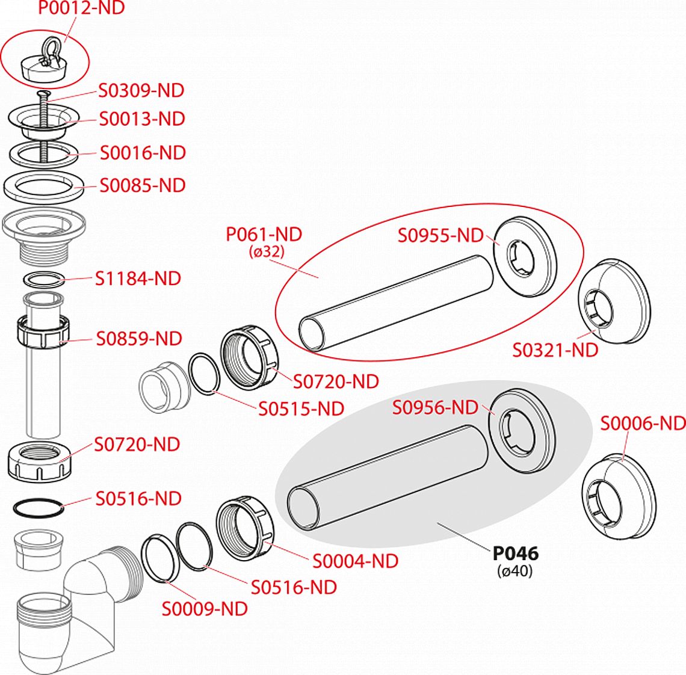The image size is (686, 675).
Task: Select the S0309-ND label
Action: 141,91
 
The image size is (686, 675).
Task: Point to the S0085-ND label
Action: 143,185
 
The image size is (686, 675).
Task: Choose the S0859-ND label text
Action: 139,339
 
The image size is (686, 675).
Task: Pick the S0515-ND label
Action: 301,408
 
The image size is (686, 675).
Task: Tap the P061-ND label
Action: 264,234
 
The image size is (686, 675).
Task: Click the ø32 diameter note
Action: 266,252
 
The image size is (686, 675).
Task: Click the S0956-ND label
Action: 435,407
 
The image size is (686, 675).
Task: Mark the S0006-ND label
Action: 643,424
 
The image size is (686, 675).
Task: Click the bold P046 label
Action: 516,553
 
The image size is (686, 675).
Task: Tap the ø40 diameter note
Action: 515,571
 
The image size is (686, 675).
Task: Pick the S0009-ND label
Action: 205,609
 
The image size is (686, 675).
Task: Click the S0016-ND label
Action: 143,153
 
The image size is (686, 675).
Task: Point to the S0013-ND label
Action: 142,119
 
